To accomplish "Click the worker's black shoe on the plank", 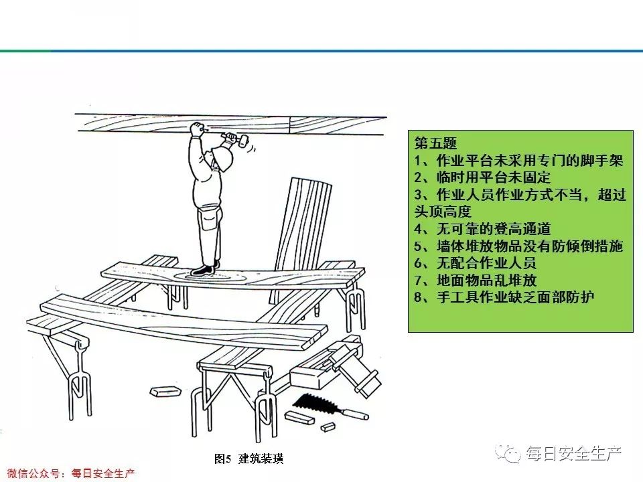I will coord(201,270).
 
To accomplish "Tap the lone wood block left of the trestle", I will coord(163,391).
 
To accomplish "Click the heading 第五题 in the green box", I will coord(435,144).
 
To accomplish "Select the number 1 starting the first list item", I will coord(419,161).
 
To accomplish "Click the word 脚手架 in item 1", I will coord(602,161).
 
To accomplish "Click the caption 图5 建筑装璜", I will coord(248,459).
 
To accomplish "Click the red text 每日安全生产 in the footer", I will coord(103,473).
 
